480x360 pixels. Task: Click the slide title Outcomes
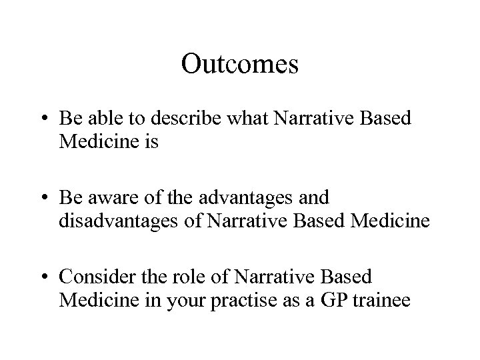[239, 64]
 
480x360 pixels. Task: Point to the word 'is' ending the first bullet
[149, 142]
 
